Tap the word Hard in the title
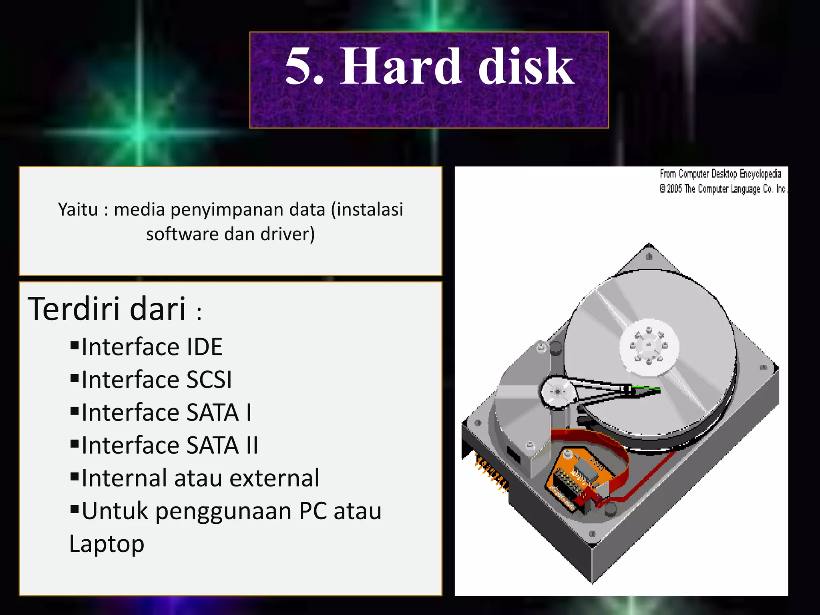tap(400, 66)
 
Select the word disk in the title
tap(526, 66)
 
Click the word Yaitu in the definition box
tap(78, 209)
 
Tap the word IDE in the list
tap(204, 347)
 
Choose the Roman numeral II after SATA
tap(252, 445)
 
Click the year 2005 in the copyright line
tap(675, 189)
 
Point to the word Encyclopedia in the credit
tap(760, 174)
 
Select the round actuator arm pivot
tap(558, 391)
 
